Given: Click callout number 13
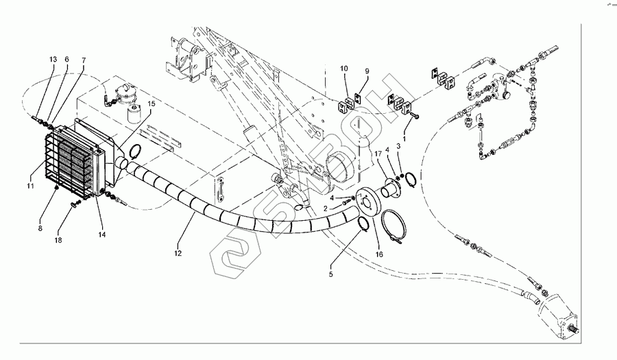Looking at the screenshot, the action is [x=53, y=60].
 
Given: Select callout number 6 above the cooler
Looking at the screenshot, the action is [x=67, y=60].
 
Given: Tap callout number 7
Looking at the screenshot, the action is [x=84, y=60].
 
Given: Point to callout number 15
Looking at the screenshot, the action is [x=152, y=104].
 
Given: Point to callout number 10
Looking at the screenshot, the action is [x=344, y=69].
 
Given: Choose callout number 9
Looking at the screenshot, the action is [x=367, y=71].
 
